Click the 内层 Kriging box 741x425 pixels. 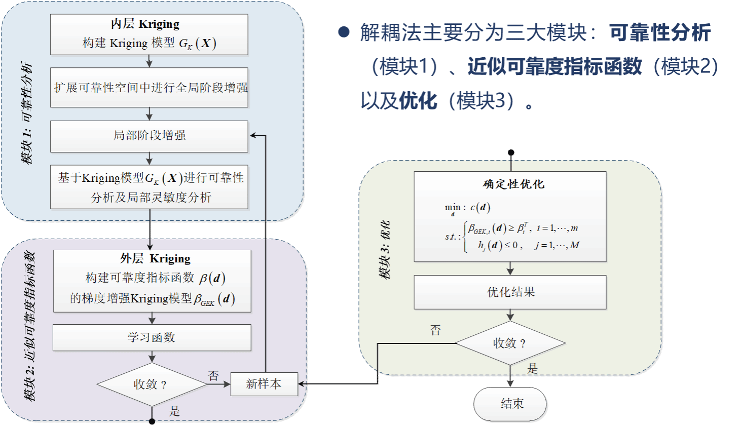click(x=149, y=34)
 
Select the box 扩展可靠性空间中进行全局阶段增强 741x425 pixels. click(x=149, y=87)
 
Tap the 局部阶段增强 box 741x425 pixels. click(x=149, y=136)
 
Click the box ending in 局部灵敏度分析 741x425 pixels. click(x=149, y=187)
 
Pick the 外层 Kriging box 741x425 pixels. click(x=152, y=281)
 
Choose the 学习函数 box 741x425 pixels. click(x=152, y=337)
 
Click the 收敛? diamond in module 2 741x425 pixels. click(x=152, y=384)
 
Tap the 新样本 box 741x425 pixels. click(x=264, y=384)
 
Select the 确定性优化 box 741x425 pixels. click(x=510, y=216)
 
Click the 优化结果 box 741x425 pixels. click(x=510, y=292)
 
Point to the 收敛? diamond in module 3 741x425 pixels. click(x=510, y=343)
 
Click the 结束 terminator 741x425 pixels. click(x=510, y=404)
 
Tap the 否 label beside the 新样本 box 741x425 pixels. click(x=213, y=375)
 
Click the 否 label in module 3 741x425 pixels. click(x=435, y=330)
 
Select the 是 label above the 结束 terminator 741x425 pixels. click(x=533, y=369)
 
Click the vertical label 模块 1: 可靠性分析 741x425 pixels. click(x=27, y=112)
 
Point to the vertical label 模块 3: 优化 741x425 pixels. click(x=385, y=249)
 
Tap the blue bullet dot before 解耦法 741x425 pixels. click(x=344, y=33)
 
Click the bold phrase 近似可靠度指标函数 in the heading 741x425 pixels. click(x=554, y=66)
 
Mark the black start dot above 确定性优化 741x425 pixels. click(x=511, y=152)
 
